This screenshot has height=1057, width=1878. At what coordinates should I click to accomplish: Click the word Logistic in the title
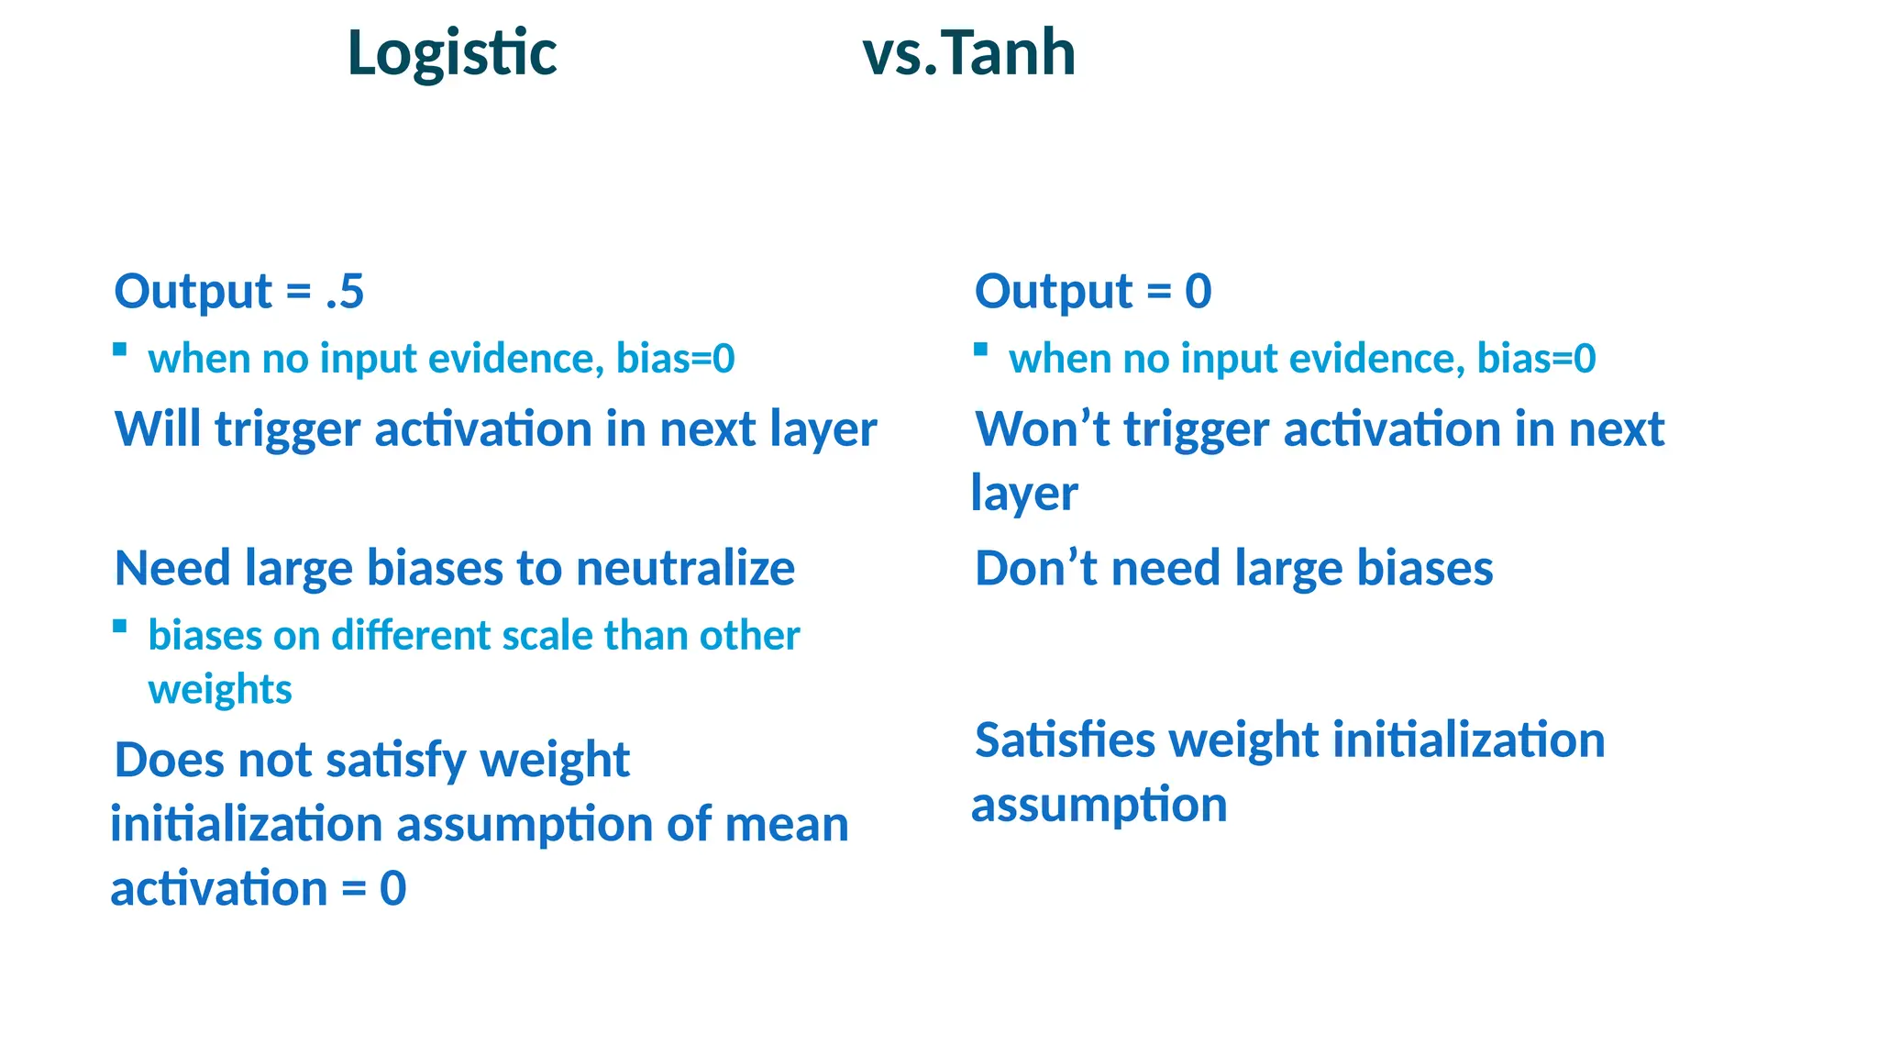pos(452,53)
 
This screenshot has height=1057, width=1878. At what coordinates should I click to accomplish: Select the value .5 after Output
pos(346,292)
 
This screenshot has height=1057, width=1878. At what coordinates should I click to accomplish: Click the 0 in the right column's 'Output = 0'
pos(1198,292)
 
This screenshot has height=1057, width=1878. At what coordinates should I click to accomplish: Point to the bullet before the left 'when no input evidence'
pos(119,349)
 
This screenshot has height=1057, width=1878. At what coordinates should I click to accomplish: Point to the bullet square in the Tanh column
pos(980,349)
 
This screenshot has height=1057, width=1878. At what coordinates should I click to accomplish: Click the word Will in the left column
pos(158,428)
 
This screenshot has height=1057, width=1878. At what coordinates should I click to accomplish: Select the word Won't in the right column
pos(1043,428)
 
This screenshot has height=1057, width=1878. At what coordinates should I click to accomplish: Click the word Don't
pos(1035,568)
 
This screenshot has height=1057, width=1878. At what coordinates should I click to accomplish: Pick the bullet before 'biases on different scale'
pos(119,626)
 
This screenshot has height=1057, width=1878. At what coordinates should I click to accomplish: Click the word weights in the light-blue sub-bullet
pos(220,690)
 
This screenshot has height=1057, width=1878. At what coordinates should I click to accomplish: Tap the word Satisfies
pos(1065,740)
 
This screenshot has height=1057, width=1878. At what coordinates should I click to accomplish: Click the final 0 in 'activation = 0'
pos(392,888)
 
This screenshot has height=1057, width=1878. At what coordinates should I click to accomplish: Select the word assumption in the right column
pos(1099,806)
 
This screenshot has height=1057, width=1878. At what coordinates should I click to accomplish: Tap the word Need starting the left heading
pos(172,568)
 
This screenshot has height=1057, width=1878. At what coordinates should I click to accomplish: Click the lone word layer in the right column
pos(1024,495)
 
